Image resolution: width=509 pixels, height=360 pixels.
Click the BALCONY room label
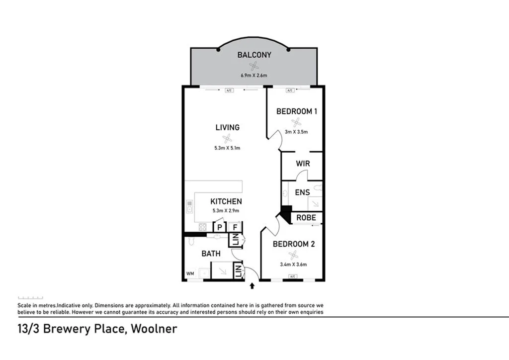coord(254,55)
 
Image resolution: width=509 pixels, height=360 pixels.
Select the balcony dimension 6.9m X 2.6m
coord(254,76)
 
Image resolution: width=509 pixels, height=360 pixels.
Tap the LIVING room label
coord(227,127)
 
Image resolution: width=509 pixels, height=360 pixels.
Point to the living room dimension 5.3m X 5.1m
coord(227,148)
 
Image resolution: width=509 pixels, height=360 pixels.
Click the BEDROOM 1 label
coord(296,111)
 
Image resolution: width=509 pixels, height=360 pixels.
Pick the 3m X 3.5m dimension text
coord(296,132)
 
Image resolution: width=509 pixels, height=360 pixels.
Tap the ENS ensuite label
coord(302,192)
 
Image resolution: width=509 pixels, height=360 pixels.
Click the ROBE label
coord(306,218)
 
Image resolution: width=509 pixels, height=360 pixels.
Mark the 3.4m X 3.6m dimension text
coord(293,265)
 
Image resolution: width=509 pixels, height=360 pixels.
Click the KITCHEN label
coord(226,201)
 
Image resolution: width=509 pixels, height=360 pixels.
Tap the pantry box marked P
coord(219,227)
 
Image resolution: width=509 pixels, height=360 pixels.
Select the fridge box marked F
coord(235,227)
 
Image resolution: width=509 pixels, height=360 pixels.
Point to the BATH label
coord(211,254)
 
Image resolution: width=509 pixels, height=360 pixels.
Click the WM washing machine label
coord(189,273)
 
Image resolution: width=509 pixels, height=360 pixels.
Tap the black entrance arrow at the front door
coord(253,286)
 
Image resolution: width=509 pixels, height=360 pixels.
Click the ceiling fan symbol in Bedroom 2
coord(293,255)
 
